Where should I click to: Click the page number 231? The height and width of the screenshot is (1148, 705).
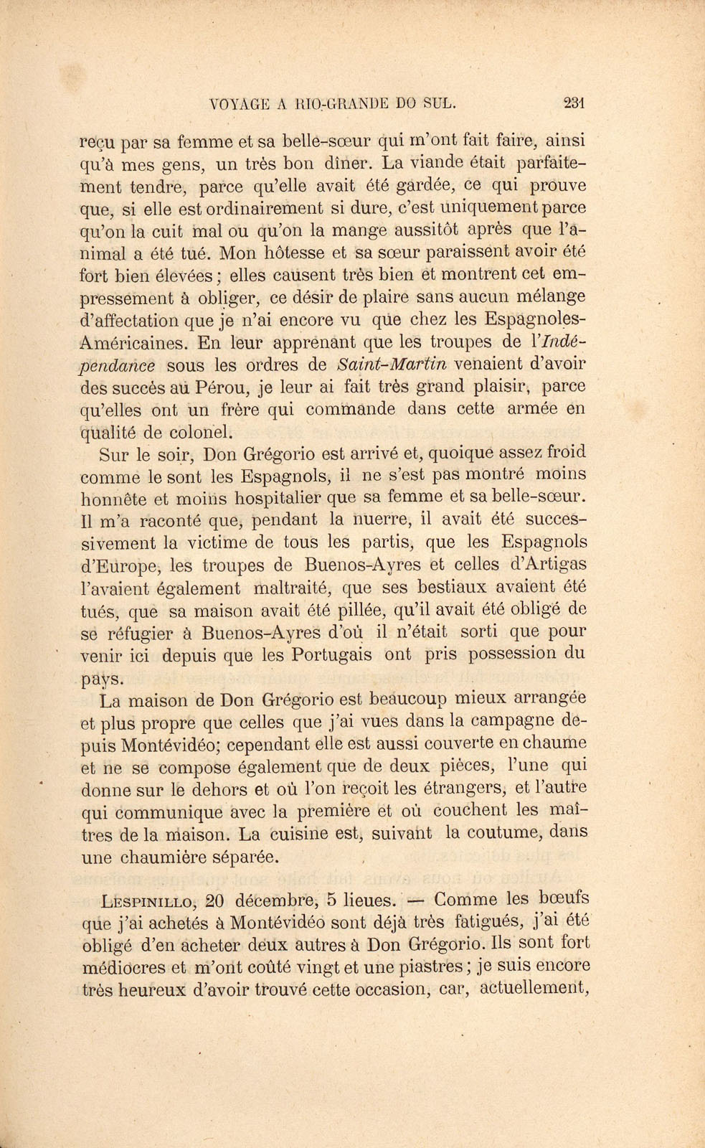click(575, 103)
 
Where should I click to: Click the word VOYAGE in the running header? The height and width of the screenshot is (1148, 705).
click(240, 103)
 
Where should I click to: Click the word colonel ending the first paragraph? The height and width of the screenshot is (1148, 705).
click(202, 432)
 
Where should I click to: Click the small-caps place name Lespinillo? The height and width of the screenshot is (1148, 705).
click(148, 900)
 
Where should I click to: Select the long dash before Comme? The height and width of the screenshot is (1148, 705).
click(415, 900)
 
